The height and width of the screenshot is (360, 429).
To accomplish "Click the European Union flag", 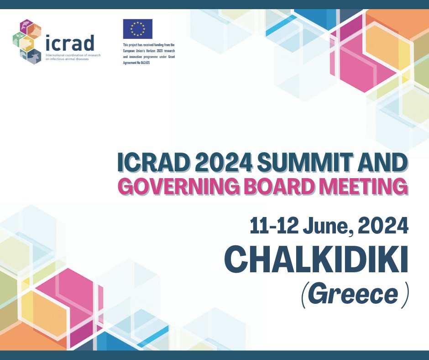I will coord(137,29).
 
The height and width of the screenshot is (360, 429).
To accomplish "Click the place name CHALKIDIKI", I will coord(316,260).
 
